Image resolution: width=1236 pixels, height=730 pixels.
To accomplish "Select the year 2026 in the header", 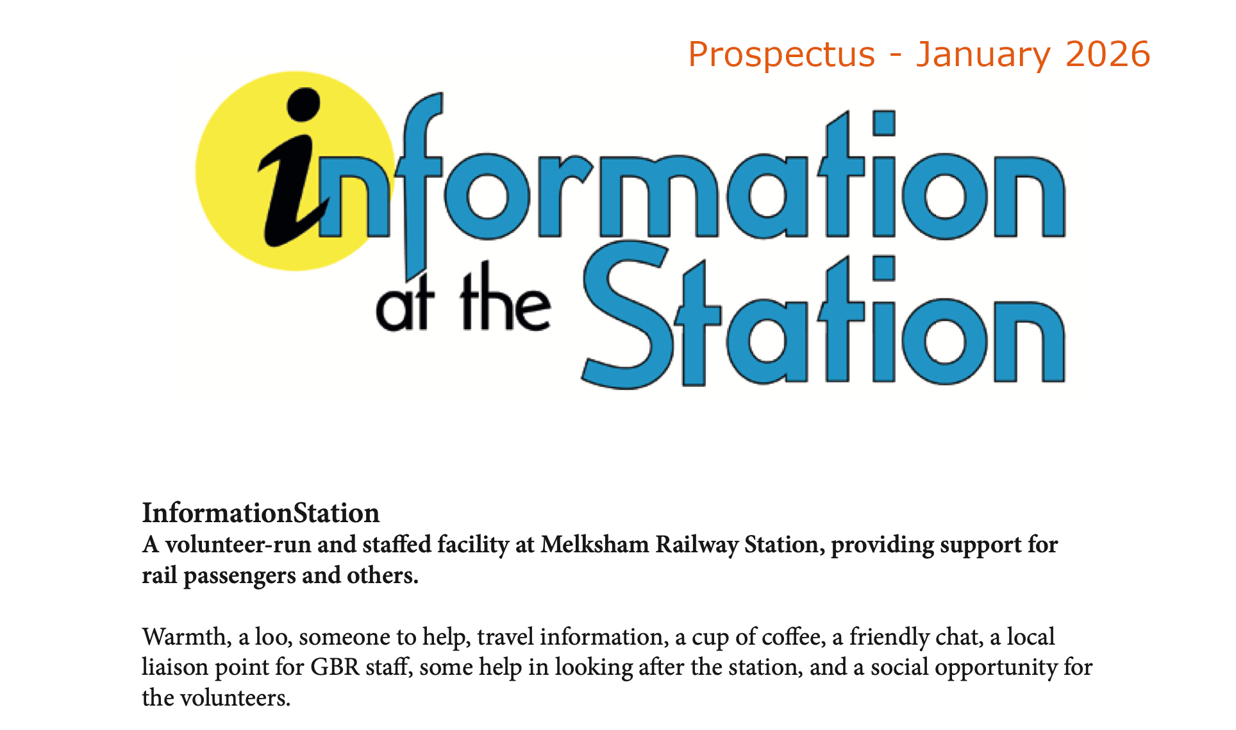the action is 1108,54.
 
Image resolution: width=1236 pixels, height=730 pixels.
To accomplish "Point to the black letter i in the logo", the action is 292,173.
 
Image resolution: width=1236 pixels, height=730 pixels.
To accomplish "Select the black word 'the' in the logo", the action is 505,298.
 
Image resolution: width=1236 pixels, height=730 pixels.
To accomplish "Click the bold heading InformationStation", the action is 261,513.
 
